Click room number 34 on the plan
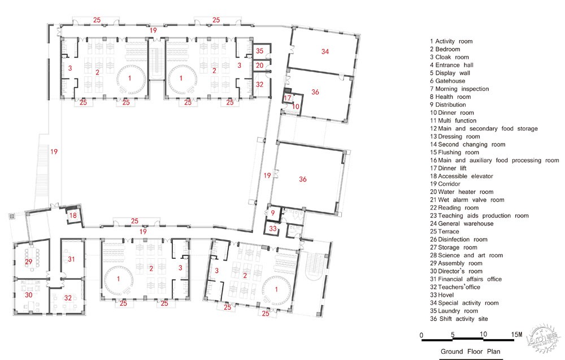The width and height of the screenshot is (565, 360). click(x=325, y=51)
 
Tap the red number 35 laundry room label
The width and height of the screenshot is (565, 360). click(x=259, y=51)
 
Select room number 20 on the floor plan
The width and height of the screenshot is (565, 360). click(x=259, y=66)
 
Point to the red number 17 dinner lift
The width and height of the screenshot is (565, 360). click(x=287, y=98)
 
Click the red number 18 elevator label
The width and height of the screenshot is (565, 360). click(x=73, y=215)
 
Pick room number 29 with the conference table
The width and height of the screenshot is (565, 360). click(x=28, y=262)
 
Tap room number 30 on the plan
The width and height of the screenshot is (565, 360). click(x=28, y=295)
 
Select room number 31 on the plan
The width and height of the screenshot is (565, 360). click(x=71, y=259)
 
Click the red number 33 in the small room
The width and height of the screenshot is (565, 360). click(x=273, y=228)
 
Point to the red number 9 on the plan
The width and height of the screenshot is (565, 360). click(x=273, y=212)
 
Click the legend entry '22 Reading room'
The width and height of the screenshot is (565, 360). click(x=454, y=207)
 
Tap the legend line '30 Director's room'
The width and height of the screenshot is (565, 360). click(x=456, y=271)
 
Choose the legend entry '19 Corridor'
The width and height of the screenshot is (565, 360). click(x=445, y=184)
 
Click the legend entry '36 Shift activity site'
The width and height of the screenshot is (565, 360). click(x=459, y=319)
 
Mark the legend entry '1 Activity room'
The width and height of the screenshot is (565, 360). click(x=451, y=41)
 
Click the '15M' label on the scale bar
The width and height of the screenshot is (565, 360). click(x=516, y=335)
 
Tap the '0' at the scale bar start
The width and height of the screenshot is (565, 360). click(x=421, y=335)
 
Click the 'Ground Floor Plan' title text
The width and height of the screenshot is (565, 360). click(x=470, y=352)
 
